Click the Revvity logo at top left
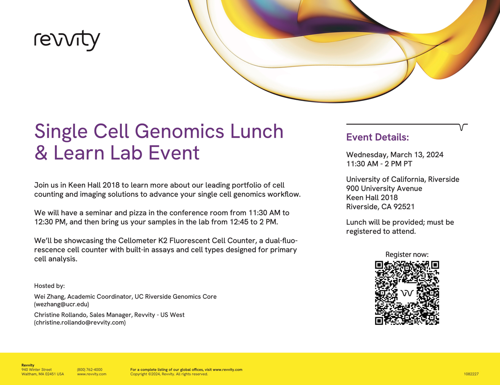[x=67, y=40]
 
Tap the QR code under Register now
[x=407, y=293]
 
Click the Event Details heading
[x=378, y=137]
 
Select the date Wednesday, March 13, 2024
[x=395, y=155]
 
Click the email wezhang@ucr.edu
[x=62, y=305]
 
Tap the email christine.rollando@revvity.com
[x=80, y=323]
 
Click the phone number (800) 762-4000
[x=90, y=370]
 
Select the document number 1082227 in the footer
[x=471, y=374]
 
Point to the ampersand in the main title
[x=41, y=152]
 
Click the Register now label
[x=407, y=254]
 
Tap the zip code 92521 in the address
[x=404, y=206]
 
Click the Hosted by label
[x=49, y=286]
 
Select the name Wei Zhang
[x=49, y=297]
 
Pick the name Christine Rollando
[x=61, y=315]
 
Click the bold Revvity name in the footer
[x=28, y=365]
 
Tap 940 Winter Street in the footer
[x=36, y=370]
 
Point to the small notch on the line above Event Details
[x=462, y=127]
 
